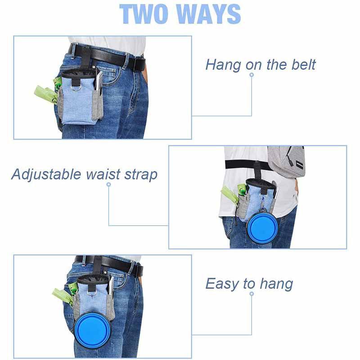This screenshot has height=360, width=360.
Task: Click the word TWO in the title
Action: point(144,14)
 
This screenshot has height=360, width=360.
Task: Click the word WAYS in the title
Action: point(208,14)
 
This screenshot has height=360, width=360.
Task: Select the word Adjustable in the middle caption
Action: point(46,175)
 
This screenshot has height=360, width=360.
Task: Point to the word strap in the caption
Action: point(141,175)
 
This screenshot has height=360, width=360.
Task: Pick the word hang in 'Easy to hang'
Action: point(277,284)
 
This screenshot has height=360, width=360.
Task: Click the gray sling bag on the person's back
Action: point(286,162)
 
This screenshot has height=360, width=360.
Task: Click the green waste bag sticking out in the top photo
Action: point(46,94)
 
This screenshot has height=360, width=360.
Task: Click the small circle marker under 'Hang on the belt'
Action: point(252,75)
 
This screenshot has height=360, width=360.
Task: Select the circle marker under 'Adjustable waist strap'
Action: point(109,184)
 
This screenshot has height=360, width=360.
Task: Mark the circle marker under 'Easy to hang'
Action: point(252,294)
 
